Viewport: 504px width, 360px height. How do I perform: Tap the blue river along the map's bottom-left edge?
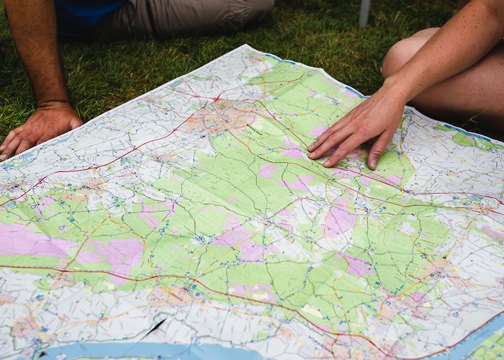144,351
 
